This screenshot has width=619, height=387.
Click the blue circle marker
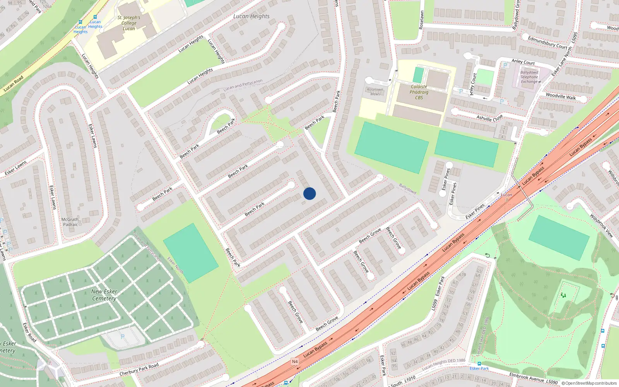309,193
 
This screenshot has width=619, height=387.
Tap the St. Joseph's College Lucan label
129,23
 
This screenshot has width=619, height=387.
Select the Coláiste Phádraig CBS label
419,92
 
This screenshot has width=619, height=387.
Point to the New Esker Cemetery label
104,295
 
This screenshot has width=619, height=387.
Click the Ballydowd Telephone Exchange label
529,77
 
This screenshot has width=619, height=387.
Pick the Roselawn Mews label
375,92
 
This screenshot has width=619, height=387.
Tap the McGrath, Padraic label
70,222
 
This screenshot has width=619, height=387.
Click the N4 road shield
295,361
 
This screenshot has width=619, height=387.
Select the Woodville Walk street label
561,96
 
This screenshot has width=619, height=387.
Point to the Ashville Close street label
489,118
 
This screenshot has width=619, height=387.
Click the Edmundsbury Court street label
547,42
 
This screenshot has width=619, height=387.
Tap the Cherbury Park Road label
139,370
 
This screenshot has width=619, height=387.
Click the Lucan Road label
14,84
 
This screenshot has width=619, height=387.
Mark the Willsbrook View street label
601,226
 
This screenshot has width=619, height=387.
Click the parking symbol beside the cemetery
123,337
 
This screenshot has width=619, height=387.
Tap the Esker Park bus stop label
479,368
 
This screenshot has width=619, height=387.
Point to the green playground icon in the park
563,295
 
